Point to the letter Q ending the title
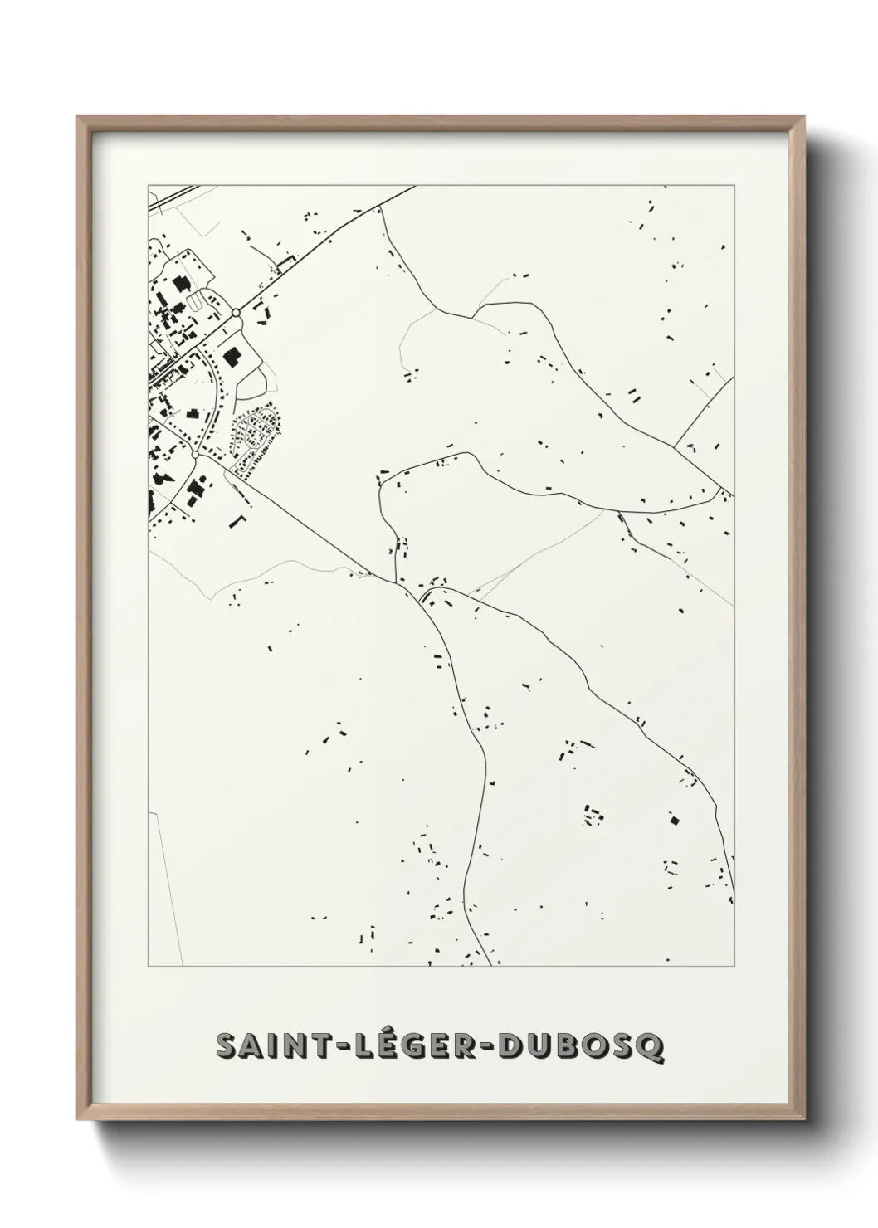click(x=651, y=1046)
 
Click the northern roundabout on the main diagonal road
click(x=237, y=313)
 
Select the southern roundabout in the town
click(x=195, y=455)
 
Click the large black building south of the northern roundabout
click(x=232, y=357)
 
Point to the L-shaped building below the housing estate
click(x=239, y=519)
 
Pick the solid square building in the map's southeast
click(x=674, y=821)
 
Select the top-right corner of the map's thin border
click(x=734, y=185)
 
